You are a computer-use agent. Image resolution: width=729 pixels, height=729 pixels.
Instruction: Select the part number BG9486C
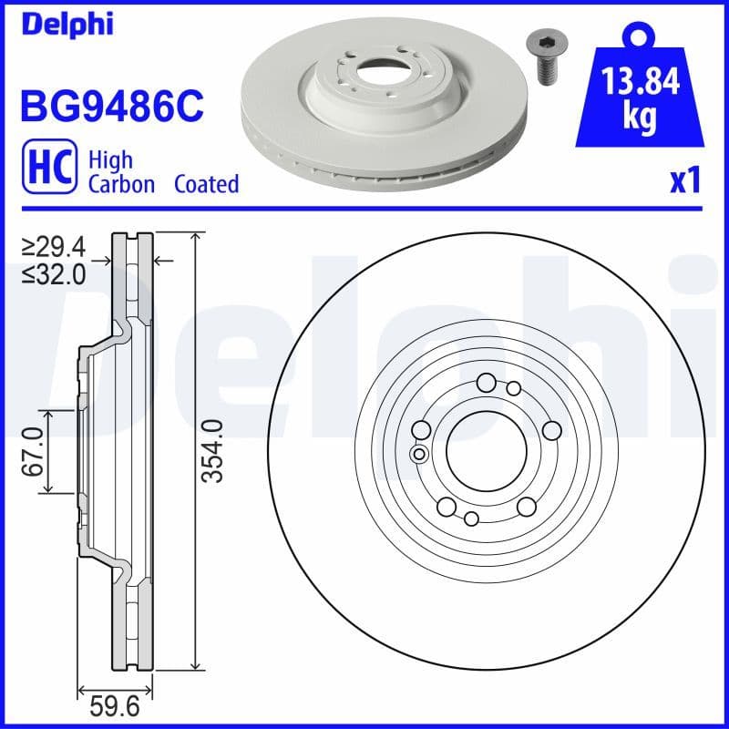click(x=110, y=107)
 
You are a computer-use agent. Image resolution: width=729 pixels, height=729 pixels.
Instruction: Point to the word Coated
click(x=206, y=184)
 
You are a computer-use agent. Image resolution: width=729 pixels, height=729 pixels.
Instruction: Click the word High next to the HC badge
click(x=110, y=160)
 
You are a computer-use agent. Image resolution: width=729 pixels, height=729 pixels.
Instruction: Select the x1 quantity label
click(x=684, y=181)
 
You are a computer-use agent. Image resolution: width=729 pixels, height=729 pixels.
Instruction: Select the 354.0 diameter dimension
click(x=212, y=452)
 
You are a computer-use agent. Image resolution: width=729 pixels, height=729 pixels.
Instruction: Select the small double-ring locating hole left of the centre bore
click(x=419, y=454)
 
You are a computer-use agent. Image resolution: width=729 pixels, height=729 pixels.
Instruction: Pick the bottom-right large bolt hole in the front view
click(x=527, y=507)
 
